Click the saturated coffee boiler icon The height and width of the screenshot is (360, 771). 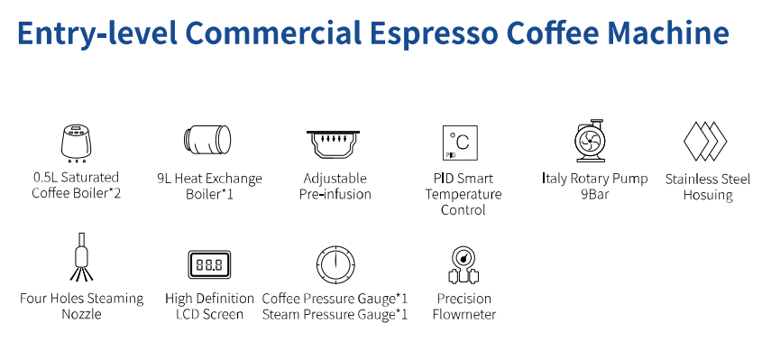click(76, 142)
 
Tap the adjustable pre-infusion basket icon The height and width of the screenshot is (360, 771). click(335, 144)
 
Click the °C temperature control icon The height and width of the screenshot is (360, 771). click(460, 143)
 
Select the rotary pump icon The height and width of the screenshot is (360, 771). click(594, 142)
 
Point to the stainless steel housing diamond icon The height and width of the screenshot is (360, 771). click(706, 142)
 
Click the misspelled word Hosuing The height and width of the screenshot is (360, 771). click(708, 195)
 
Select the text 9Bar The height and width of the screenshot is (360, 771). click(595, 194)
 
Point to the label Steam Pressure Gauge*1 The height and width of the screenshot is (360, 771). click(335, 314)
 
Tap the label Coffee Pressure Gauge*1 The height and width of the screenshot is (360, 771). click(335, 298)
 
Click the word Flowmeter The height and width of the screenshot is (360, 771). click(464, 314)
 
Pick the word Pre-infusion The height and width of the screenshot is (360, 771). click(335, 194)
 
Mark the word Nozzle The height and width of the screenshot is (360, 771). click(81, 314)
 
